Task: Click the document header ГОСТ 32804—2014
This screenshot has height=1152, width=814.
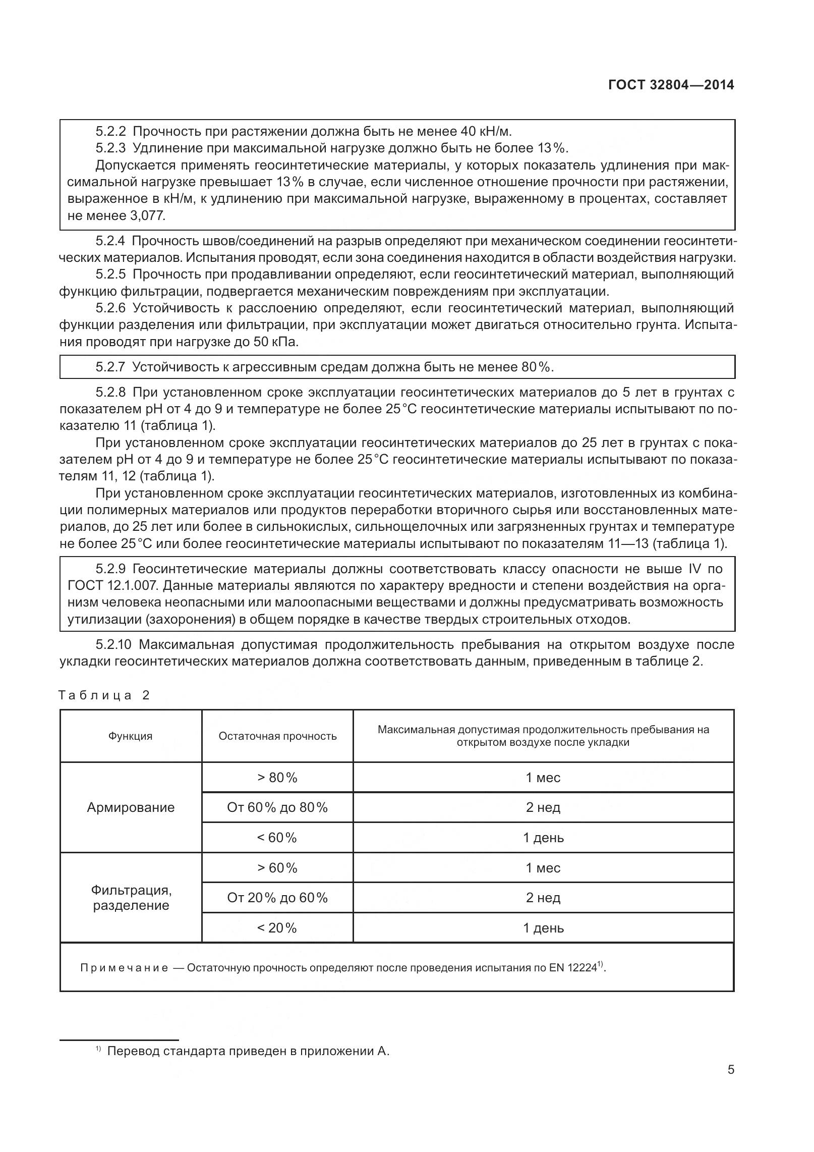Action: click(671, 85)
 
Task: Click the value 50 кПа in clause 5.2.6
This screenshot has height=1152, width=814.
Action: click(275, 342)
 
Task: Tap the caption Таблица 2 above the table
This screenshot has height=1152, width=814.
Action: click(104, 695)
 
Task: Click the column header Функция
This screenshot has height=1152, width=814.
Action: click(130, 736)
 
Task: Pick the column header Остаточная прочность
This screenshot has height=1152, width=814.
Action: click(277, 736)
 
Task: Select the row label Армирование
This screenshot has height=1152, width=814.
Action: click(131, 807)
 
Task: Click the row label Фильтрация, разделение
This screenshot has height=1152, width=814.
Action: click(131, 898)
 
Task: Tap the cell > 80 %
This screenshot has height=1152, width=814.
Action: click(277, 778)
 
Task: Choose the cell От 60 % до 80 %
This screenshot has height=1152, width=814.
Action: click(277, 807)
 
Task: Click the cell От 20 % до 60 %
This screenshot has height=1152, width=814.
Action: click(277, 898)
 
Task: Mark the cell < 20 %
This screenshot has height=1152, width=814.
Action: click(277, 928)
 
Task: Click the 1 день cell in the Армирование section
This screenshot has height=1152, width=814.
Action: click(543, 838)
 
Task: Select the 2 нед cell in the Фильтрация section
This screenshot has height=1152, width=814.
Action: click(543, 898)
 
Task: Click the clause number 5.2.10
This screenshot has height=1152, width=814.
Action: click(113, 645)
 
